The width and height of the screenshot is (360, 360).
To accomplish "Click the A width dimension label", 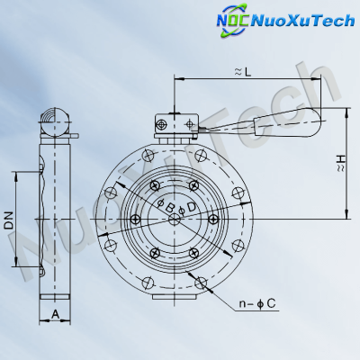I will point(55,313).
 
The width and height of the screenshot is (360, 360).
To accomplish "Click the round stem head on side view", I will point(56,118).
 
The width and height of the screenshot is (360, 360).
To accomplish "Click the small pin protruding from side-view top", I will point(75,137).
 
